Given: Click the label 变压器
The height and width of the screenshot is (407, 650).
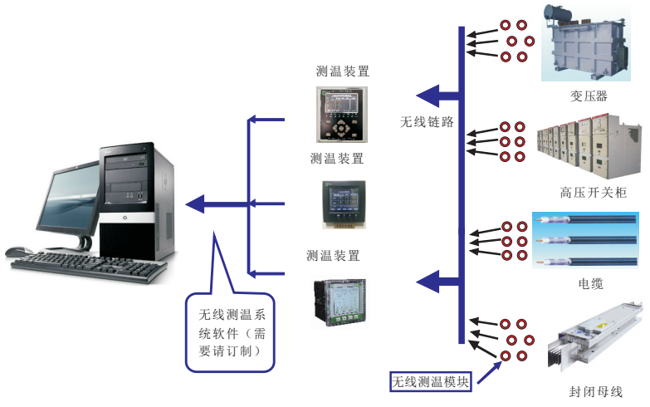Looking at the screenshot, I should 589,96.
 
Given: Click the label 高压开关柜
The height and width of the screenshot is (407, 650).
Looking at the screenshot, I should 593,193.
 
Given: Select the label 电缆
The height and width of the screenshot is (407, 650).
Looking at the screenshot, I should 590,284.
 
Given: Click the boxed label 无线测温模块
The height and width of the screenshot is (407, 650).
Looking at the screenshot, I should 431,382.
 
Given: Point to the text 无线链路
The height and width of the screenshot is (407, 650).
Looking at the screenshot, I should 427,122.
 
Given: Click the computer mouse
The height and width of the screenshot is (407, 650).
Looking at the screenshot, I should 18,251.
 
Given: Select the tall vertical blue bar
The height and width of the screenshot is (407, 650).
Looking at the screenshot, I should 461,183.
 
